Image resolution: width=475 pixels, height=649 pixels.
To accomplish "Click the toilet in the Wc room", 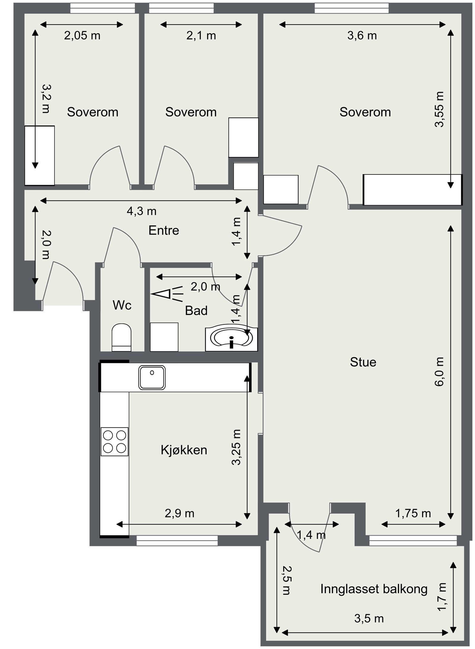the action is coord(121,337).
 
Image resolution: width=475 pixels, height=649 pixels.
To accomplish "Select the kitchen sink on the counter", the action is coord(152,377).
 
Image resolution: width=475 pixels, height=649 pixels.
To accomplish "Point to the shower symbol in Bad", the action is coord(167,294).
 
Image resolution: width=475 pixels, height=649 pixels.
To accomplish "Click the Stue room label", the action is coord(363,362).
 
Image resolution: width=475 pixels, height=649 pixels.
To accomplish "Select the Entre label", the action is coord(164,230).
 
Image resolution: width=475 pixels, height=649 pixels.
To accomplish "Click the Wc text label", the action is coord(122,305).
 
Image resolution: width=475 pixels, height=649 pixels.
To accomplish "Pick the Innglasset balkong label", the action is coord(374,589).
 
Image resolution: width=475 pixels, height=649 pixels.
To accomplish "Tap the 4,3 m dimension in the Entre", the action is coord(142,211).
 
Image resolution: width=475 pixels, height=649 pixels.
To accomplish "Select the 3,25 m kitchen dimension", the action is coord(236,447).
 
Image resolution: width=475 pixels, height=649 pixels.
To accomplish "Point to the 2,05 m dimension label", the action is coord(82,36).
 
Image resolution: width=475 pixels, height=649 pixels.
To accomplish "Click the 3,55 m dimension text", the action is coord(439,109).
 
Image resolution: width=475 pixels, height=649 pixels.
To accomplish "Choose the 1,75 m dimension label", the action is coord(413,513).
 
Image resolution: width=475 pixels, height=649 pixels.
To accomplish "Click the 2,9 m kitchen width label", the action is coord(180,513).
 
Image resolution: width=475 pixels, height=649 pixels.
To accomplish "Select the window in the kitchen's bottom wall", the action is coord(177,540).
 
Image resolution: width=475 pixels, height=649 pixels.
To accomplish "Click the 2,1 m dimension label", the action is coord(201,36).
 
